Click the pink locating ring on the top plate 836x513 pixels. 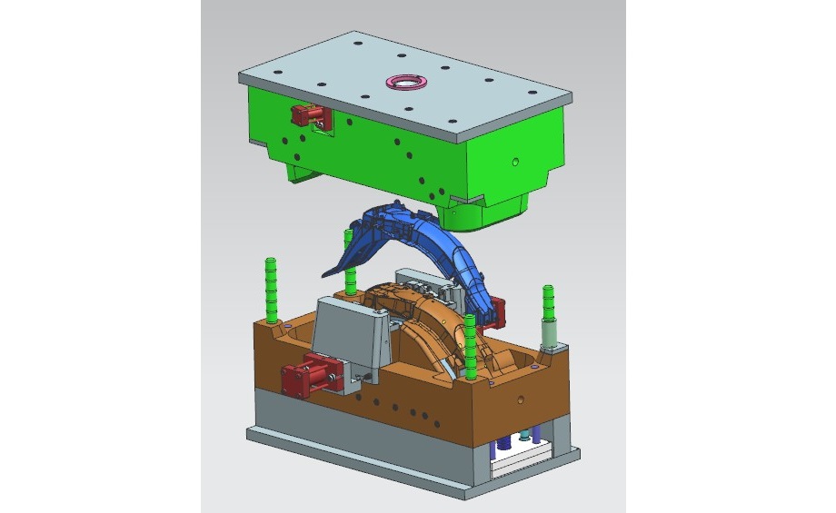406,82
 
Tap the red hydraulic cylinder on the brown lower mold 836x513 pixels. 307,375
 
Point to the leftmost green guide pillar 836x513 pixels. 271,289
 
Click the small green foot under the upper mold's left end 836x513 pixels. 298,170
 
